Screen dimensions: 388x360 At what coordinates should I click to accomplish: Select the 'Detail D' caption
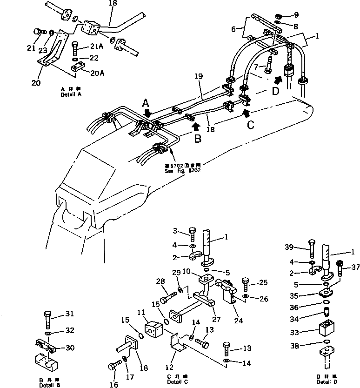(x=328, y=381)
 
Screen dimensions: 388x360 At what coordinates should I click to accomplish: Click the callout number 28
(x=161, y=281)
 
